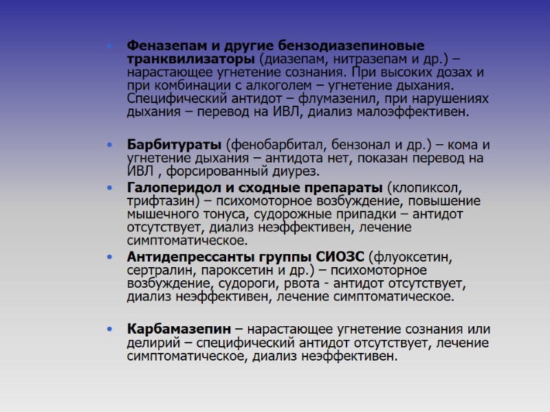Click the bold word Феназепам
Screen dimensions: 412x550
[x=166, y=46]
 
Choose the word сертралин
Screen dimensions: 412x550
[x=157, y=271]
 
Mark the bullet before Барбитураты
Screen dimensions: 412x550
[x=111, y=146]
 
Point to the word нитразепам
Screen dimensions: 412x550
[x=351, y=59]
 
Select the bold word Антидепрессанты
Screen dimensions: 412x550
[x=190, y=257]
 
